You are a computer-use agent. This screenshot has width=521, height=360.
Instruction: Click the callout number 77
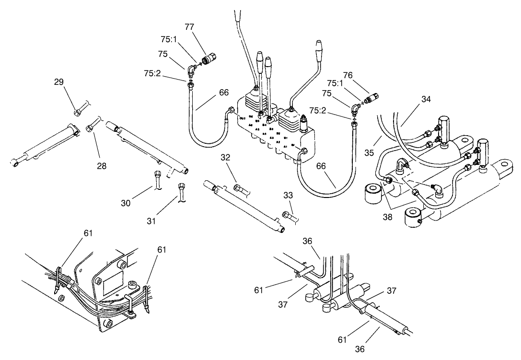point(189,27)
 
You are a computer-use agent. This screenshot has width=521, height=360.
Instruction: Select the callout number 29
point(59,82)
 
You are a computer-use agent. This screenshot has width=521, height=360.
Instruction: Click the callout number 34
point(427,99)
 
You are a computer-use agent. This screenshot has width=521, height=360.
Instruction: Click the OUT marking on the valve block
point(242,118)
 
